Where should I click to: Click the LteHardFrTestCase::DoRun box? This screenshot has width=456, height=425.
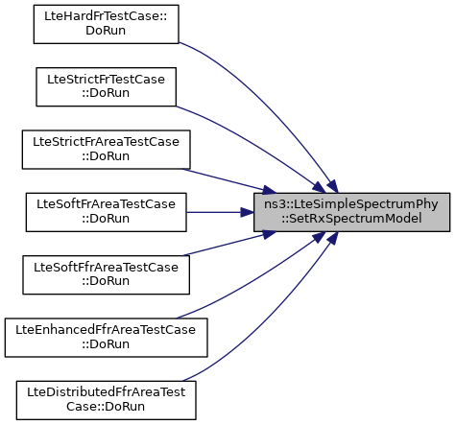tap(106, 24)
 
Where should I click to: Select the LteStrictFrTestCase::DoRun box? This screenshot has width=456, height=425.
tap(106, 86)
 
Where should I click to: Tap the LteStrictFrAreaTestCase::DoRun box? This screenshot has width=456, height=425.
tap(106, 150)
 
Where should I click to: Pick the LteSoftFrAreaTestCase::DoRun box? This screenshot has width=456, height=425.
tap(106, 212)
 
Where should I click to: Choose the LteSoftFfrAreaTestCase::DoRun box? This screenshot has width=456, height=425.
tap(106, 274)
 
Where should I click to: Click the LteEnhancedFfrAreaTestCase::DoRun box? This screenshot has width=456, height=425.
tap(106, 338)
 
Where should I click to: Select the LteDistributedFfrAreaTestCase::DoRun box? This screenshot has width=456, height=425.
tap(106, 400)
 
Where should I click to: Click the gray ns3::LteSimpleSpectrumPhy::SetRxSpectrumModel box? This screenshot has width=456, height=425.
tap(351, 212)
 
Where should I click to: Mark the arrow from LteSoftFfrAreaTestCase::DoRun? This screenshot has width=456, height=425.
tap(228, 244)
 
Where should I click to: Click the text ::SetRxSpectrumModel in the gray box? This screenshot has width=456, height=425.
tap(351, 219)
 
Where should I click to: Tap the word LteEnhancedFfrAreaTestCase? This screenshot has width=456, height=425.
tap(106, 330)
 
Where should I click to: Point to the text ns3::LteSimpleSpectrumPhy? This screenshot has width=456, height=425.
tap(351, 204)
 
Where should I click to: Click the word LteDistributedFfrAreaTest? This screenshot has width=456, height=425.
tap(106, 392)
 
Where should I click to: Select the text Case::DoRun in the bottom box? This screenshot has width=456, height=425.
tap(106, 407)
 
